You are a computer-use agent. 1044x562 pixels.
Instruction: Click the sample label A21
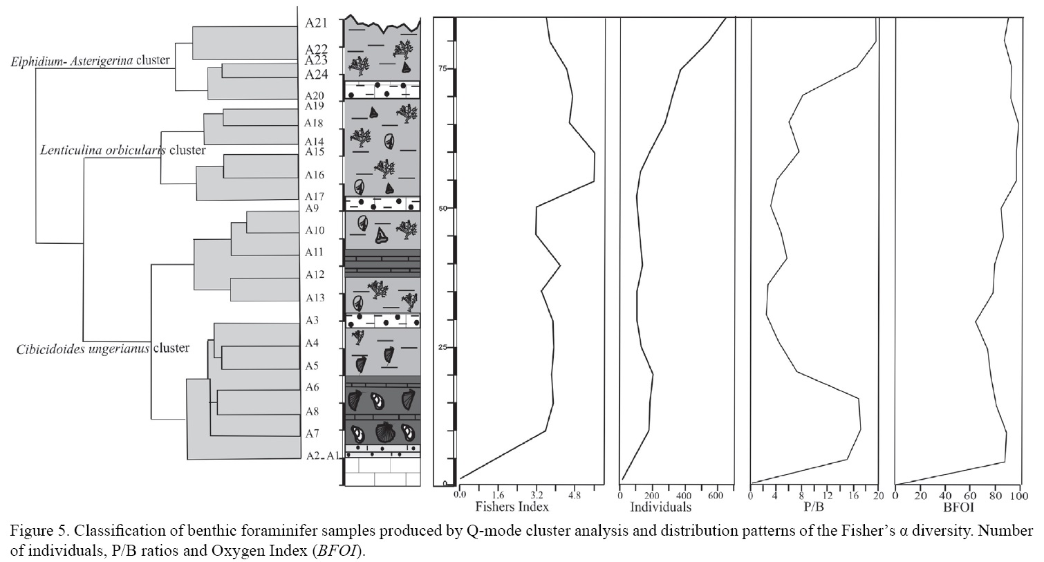click(x=316, y=22)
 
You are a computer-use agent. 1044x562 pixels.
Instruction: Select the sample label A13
click(x=315, y=298)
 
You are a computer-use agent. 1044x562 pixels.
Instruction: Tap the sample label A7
click(x=313, y=433)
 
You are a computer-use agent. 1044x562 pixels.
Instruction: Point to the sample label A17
click(x=315, y=197)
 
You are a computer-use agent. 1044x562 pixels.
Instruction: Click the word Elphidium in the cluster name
click(x=35, y=61)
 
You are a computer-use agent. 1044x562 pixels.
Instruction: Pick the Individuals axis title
click(x=660, y=507)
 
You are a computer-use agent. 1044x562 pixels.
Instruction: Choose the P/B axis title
click(x=814, y=507)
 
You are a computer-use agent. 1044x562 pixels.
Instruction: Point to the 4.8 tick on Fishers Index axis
click(x=574, y=495)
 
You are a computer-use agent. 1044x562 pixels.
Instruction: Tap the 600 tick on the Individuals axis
click(x=716, y=495)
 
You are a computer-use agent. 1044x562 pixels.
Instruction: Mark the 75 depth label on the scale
click(x=442, y=68)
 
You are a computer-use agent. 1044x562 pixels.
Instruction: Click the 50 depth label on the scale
click(x=442, y=208)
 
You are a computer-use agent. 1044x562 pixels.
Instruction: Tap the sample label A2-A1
click(x=323, y=456)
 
